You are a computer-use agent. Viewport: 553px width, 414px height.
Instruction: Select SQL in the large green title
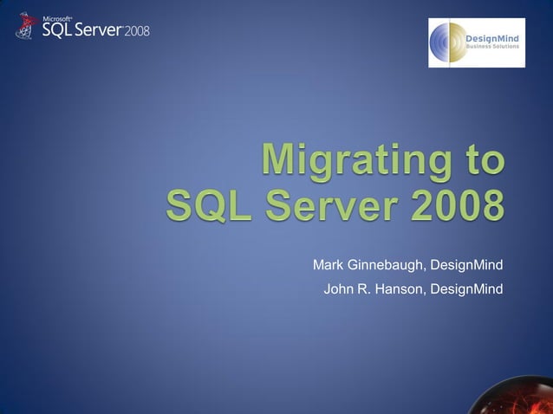[x=209, y=208]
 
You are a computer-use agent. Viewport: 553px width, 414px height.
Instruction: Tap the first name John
[x=338, y=288]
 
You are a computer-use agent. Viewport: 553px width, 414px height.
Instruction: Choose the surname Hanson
[x=400, y=288]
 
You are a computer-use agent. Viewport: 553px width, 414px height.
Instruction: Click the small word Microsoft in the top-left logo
[x=56, y=17]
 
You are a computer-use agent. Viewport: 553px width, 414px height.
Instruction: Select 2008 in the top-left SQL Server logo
[x=137, y=32]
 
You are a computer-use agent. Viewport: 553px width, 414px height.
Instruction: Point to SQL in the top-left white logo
[x=56, y=30]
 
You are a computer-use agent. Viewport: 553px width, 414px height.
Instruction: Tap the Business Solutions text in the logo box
[x=492, y=47]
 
